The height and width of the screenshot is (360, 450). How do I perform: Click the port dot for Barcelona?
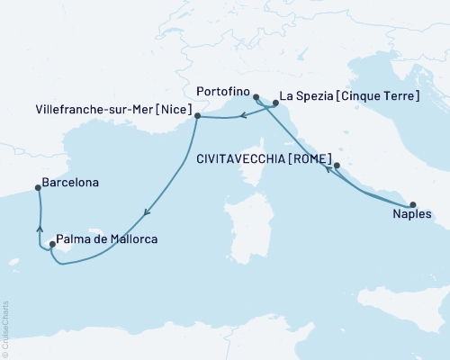point(38,188)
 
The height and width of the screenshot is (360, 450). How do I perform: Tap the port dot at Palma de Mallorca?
point(52,244)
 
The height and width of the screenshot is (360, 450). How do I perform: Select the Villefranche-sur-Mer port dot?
point(197,116)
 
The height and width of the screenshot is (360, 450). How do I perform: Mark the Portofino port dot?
point(256,97)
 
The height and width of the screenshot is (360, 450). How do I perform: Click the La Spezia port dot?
point(275,104)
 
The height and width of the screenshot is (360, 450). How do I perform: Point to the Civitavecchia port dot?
point(337,166)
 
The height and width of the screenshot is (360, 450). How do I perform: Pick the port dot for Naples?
point(413,204)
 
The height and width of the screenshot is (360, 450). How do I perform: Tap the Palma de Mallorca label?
point(107,239)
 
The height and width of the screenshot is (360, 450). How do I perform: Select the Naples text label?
point(412,217)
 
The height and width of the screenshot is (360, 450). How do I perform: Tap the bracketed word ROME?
point(305,155)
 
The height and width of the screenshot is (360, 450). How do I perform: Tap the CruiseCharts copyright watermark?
point(5,328)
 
